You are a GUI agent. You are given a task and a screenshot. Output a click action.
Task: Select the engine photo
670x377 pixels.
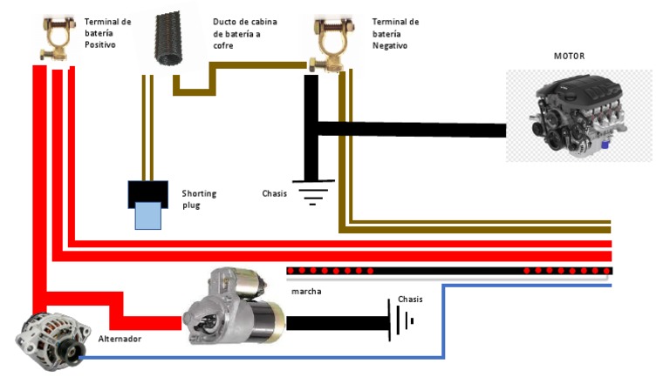[x=578, y=116]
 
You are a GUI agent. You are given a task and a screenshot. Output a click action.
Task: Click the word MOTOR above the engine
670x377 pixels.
[x=569, y=57]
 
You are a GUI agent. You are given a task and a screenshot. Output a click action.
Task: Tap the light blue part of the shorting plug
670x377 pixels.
[x=147, y=213]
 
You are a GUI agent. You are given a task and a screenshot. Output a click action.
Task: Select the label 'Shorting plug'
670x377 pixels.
[x=198, y=199]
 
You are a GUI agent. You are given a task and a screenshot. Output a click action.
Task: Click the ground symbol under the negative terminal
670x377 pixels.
[x=310, y=191]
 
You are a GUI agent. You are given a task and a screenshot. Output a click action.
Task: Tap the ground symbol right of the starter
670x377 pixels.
[x=400, y=320]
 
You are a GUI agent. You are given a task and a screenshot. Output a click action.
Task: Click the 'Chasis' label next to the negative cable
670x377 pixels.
[x=274, y=193]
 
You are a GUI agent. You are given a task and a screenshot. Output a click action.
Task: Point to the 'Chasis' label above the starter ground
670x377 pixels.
[x=410, y=300]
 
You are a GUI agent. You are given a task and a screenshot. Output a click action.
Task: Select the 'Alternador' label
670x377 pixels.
[x=120, y=338]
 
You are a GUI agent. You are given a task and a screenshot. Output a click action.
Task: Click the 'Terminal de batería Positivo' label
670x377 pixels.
[x=107, y=32]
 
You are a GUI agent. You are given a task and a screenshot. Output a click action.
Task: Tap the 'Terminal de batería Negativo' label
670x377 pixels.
[x=395, y=32]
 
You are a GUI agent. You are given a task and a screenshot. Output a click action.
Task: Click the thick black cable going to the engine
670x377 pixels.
[x=410, y=129]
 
